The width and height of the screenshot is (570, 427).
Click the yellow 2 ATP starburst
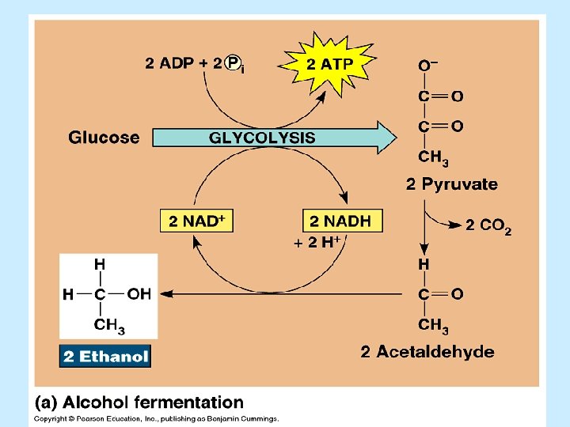pyautogui.click(x=330, y=64)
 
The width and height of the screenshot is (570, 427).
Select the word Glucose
pyautogui.click(x=104, y=138)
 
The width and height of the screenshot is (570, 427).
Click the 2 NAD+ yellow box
pyautogui.click(x=198, y=221)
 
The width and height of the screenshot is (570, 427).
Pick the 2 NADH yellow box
pyautogui.click(x=341, y=221)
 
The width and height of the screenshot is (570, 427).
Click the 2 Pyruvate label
pyautogui.click(x=451, y=185)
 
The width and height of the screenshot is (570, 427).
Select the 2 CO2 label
pyautogui.click(x=488, y=227)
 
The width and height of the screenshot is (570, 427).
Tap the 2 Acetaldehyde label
pyautogui.click(x=427, y=352)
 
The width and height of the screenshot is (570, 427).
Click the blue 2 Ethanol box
pyautogui.click(x=105, y=357)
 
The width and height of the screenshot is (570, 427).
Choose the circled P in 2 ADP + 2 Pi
pyautogui.click(x=233, y=63)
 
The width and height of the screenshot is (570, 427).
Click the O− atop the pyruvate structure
pyautogui.click(x=428, y=64)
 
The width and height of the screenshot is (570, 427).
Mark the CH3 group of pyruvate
pyautogui.click(x=433, y=158)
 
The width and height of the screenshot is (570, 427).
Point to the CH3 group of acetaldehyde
pyautogui.click(x=433, y=325)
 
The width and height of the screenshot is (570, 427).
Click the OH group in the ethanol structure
pyautogui.click(x=139, y=294)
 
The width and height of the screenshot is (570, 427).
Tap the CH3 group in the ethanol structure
pyautogui.click(x=109, y=325)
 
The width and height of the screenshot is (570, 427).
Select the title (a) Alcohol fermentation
pyautogui.click(x=139, y=402)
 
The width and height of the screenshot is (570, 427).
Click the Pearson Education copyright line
pyautogui.click(x=156, y=418)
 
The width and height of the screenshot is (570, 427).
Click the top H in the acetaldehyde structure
pyautogui.click(x=424, y=263)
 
